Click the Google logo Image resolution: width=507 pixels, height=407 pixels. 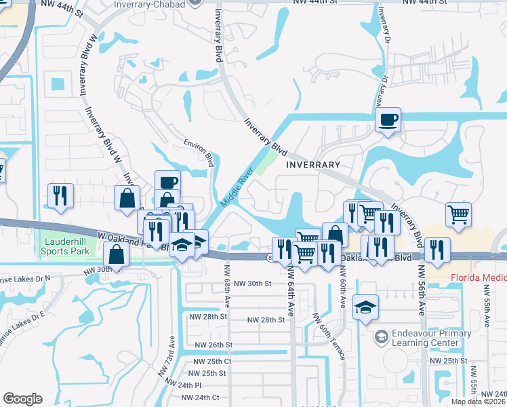click(22, 399)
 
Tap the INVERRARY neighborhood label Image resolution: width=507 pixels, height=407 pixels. click(312, 165)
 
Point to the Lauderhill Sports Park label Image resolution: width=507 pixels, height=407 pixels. click(66, 246)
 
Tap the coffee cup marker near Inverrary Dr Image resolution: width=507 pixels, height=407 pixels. click(388, 120)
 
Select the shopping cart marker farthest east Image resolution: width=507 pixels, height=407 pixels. click(459, 214)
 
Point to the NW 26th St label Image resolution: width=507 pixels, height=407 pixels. click(214, 345)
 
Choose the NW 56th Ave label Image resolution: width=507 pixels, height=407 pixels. click(422, 288)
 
